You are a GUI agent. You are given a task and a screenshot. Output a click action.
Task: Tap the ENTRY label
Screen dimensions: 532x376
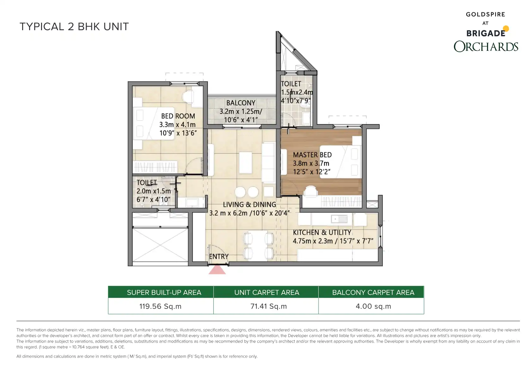click(x=219, y=257)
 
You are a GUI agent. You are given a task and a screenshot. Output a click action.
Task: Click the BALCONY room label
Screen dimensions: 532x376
click(x=241, y=103)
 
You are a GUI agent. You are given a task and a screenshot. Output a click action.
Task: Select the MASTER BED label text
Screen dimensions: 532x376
click(x=312, y=155)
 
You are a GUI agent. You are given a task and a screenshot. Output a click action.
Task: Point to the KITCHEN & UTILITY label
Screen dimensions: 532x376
click(x=322, y=232)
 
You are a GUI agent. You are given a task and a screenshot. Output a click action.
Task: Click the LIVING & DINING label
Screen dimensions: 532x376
click(x=249, y=205)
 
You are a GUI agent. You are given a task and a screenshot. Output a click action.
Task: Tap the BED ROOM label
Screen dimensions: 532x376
click(x=178, y=116)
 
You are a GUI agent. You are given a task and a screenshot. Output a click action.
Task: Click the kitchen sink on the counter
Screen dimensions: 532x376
click(x=339, y=219)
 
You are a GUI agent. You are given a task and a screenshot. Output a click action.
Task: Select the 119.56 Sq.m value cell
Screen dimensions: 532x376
click(x=161, y=306)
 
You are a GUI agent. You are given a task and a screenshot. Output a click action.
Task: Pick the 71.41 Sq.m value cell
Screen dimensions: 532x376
click(x=269, y=306)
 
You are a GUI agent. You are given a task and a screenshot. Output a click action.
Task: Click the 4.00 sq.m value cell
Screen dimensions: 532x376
click(x=373, y=306)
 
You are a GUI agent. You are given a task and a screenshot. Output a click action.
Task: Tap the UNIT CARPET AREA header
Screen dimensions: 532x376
click(x=267, y=293)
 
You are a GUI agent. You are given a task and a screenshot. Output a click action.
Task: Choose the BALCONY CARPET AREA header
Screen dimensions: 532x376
click(x=373, y=293)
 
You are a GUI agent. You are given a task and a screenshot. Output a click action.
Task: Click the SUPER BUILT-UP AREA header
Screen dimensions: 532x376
click(x=164, y=293)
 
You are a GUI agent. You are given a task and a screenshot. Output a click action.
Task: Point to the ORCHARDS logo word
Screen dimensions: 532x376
click(x=486, y=46)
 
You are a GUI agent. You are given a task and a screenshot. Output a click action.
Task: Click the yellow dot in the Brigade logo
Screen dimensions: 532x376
click(x=506, y=29)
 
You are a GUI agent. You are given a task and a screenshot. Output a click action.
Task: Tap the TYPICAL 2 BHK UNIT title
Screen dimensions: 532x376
click(x=74, y=27)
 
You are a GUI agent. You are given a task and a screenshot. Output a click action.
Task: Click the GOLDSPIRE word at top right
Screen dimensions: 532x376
click(x=486, y=15)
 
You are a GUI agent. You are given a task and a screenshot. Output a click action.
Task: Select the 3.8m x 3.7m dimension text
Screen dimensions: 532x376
click(x=311, y=163)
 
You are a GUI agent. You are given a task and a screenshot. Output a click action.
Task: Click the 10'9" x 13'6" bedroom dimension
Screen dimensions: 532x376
click(x=178, y=133)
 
